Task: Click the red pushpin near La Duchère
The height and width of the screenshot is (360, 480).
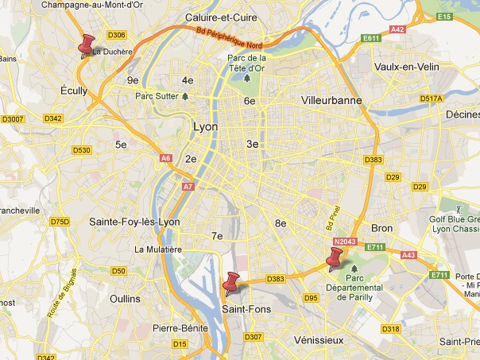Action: coord(86,44)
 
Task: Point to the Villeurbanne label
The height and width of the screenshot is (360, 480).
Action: coord(331,101)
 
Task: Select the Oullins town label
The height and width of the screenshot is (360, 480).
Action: coord(125,298)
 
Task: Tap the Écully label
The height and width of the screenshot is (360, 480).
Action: coord(74,91)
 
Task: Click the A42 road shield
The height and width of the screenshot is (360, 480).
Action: coord(398,29)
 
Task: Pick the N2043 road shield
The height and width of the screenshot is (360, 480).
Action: coord(346,241)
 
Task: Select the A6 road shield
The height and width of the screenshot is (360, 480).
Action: coord(166,158)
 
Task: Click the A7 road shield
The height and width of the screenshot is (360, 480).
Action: coord(188,187)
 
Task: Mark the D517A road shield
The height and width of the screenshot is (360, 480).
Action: coord(432,99)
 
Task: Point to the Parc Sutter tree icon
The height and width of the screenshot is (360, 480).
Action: coord(185,96)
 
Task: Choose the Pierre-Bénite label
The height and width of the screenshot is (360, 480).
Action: coord(180,327)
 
